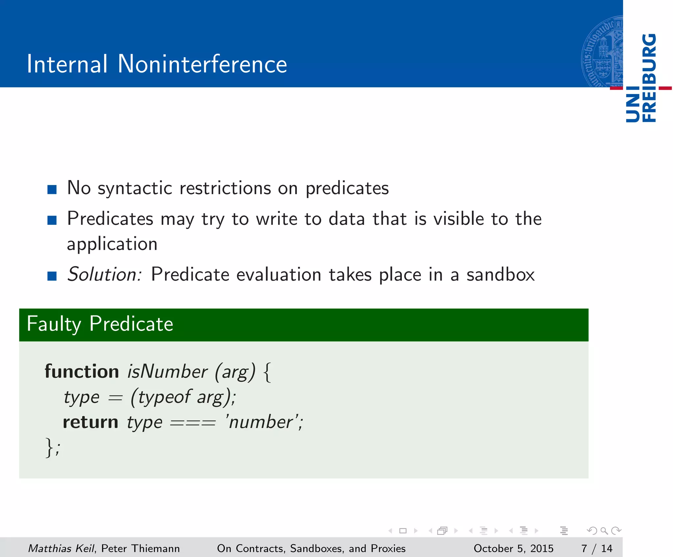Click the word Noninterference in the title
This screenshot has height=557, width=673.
coord(202,64)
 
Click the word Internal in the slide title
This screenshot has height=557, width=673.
coord(67,64)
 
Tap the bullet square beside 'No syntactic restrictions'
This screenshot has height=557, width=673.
coord(52,190)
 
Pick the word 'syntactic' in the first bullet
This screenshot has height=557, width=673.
coord(135,189)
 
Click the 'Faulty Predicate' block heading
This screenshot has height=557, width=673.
coord(100,324)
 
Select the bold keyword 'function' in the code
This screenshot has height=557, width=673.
coord(81,372)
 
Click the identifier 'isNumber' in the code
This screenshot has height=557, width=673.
coord(167,372)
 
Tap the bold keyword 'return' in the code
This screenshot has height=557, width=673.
coord(90,422)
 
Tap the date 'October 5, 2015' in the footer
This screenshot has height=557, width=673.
coord(513,548)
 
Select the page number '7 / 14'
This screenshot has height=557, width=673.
coord(596,548)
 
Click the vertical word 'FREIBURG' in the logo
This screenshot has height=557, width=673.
coord(649,78)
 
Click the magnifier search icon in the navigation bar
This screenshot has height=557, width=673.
coord(604,531)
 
